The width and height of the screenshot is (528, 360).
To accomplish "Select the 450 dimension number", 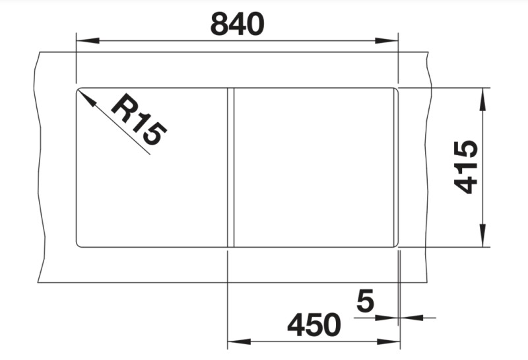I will [x=314, y=324].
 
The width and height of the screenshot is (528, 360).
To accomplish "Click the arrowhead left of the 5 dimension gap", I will [x=390, y=318].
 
